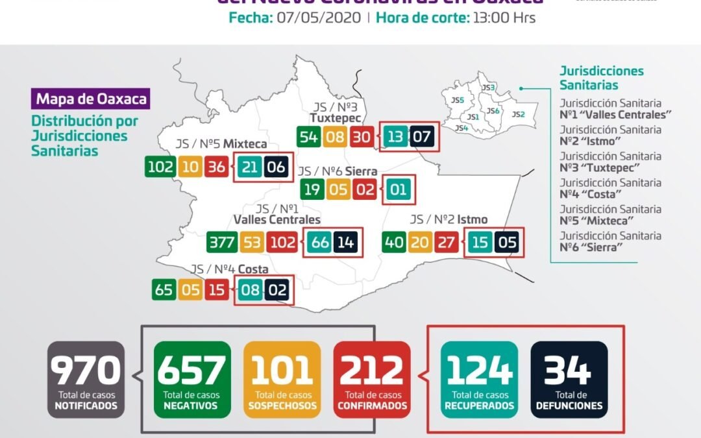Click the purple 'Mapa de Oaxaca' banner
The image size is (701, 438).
[91, 99]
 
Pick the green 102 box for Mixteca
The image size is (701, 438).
[160, 167]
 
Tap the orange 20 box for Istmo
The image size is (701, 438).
[420, 243]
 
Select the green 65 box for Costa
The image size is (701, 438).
[164, 289]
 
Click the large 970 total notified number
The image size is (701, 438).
[86, 371]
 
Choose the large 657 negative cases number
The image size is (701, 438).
[192, 371]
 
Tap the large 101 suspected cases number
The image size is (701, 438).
[282, 371]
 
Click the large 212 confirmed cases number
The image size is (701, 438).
[372, 371]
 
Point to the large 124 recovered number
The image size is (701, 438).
[479, 371]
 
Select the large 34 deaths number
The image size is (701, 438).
[569, 371]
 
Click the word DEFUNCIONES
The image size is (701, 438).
[569, 406]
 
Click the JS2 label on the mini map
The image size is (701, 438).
[518, 114]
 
